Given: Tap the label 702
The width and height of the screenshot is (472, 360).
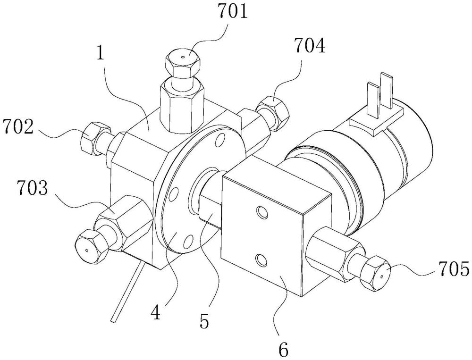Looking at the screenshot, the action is click(17, 127).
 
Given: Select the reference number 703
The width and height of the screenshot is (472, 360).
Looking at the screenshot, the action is click(33, 188).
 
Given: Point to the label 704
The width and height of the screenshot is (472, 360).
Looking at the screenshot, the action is click(310, 46).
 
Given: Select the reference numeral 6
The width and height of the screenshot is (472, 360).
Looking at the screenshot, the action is click(283, 349).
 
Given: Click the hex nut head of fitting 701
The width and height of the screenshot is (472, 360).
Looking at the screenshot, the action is click(183, 62).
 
